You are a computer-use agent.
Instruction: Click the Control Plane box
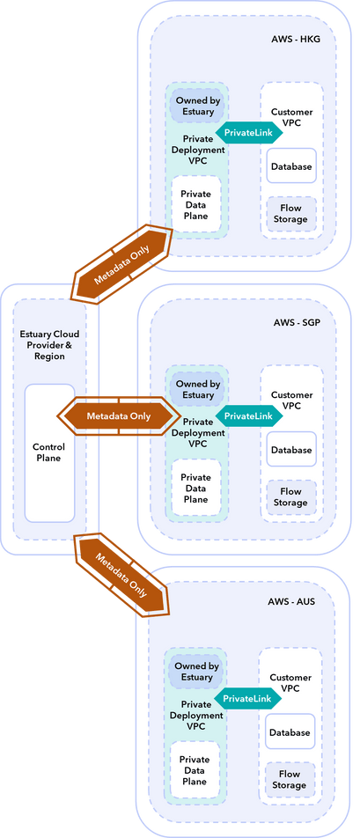pyautogui.click(x=48, y=452)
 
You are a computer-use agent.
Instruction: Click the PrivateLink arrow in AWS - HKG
pyautogui.click(x=247, y=131)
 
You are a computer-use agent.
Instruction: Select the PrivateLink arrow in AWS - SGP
pyautogui.click(x=247, y=415)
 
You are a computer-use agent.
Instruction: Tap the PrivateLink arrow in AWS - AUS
pyautogui.click(x=246, y=698)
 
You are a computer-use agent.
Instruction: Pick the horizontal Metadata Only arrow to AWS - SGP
pyautogui.click(x=117, y=415)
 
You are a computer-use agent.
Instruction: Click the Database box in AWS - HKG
pyautogui.click(x=291, y=165)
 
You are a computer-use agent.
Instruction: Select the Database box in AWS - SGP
pyautogui.click(x=291, y=450)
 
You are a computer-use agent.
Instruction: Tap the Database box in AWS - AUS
pyautogui.click(x=290, y=732)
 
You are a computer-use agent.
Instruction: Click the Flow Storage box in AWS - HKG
pyautogui.click(x=291, y=214)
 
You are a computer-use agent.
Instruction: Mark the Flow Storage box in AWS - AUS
pyautogui.click(x=290, y=780)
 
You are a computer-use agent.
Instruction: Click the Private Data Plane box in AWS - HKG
pyautogui.click(x=195, y=204)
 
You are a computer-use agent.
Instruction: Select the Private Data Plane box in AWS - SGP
pyautogui.click(x=195, y=489)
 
